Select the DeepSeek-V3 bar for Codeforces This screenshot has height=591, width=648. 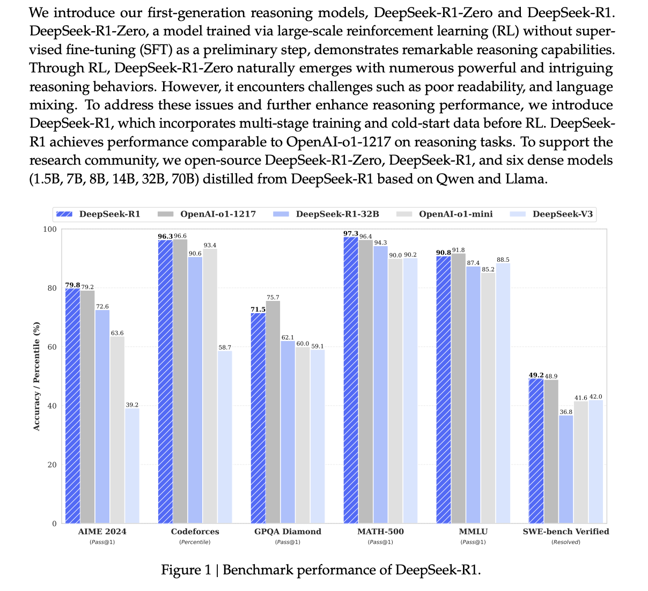click(225, 437)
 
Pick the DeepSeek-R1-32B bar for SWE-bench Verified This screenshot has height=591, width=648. click(566, 469)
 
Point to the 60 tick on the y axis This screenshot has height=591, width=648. click(52, 347)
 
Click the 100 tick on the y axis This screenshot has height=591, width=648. click(50, 230)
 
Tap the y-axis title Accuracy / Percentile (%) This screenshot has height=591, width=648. click(36, 375)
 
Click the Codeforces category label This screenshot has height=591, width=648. click(195, 531)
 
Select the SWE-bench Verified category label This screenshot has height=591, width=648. click(566, 531)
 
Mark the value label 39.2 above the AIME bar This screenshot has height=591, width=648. click(132, 405)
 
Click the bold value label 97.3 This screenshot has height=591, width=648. click(351, 233)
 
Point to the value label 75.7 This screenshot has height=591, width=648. click(273, 297)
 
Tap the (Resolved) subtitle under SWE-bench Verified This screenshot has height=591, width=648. click(566, 542)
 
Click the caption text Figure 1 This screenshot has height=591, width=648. click(186, 570)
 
